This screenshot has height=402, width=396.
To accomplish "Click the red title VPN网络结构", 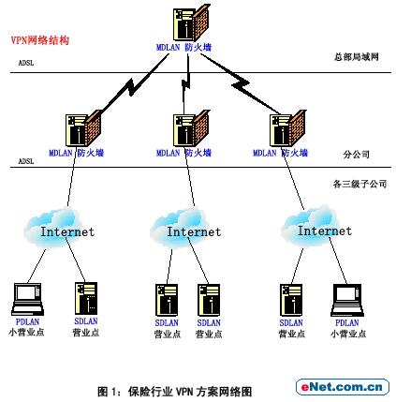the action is click(x=40, y=40).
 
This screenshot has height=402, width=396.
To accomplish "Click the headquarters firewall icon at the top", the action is click(x=191, y=22).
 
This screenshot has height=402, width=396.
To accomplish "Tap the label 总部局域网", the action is click(x=356, y=56).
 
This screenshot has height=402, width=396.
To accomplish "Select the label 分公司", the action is click(x=356, y=155).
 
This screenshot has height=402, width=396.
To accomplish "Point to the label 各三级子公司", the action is click(x=359, y=184).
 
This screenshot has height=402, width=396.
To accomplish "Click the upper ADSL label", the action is click(x=26, y=63).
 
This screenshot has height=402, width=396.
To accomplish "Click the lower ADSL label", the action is click(x=26, y=161).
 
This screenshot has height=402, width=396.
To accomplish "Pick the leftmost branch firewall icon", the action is click(x=83, y=128).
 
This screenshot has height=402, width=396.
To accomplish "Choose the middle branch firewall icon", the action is click(x=191, y=128).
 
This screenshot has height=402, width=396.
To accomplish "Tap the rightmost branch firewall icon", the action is click(x=287, y=128).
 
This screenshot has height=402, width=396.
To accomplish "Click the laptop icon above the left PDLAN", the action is click(x=27, y=299).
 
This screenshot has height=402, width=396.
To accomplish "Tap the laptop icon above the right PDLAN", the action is click(x=347, y=300).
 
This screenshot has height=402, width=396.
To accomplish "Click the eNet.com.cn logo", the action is click(x=343, y=387).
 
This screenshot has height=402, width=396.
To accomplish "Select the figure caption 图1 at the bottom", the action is click(x=174, y=392).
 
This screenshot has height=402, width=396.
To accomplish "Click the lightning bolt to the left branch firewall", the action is click(x=134, y=83).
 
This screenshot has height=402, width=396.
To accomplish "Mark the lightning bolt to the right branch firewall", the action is click(x=241, y=83).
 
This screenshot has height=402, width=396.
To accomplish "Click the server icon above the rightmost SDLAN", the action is click(x=291, y=300).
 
